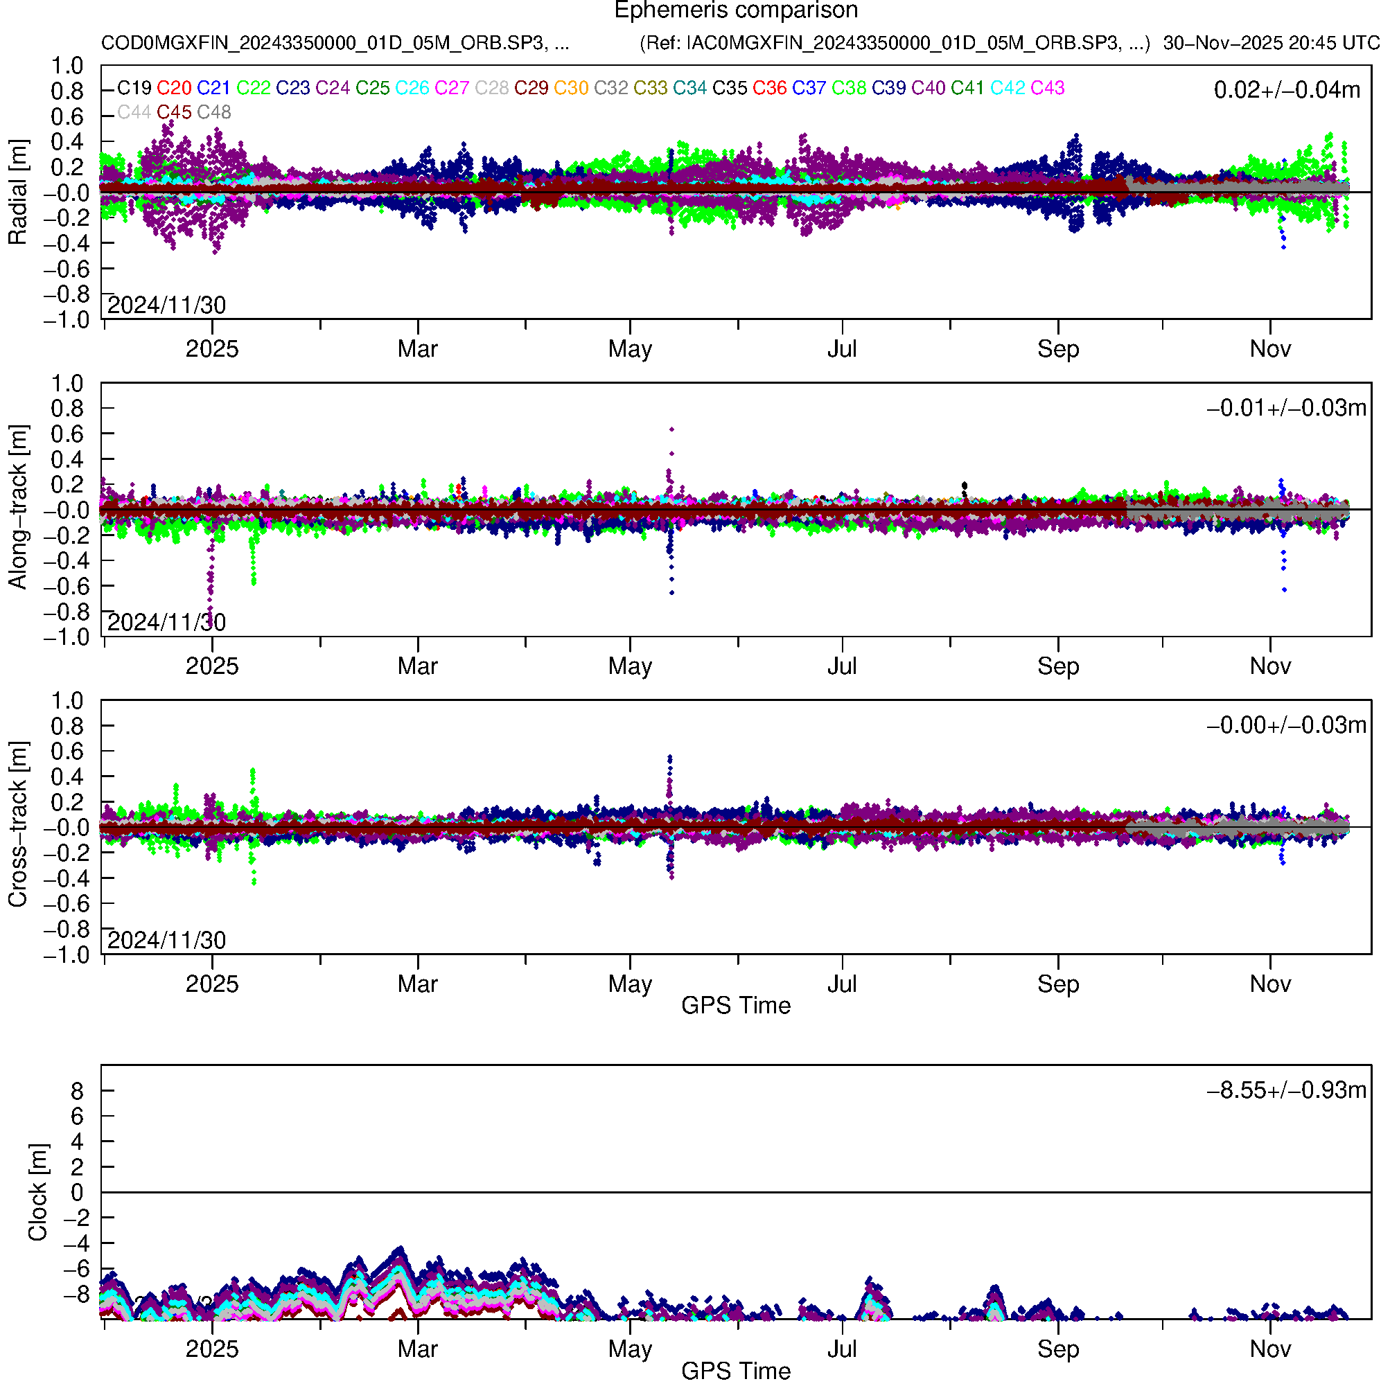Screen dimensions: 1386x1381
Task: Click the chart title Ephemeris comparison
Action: pos(736,11)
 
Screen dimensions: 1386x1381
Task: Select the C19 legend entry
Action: pos(134,88)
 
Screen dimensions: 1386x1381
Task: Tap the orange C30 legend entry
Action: pos(571,88)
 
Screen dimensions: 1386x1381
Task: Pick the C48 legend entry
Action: pos(214,113)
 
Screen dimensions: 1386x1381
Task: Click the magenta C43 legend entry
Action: pos(1047,88)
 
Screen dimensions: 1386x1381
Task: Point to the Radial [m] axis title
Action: pos(17,193)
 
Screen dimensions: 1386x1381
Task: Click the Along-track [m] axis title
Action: pos(17,507)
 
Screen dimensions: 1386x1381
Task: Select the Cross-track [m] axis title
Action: pos(17,825)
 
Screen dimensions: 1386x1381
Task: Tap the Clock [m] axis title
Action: pos(37,1192)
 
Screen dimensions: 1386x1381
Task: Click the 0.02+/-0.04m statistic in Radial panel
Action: pos(1286,90)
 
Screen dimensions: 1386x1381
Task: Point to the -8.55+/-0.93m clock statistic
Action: pos(1286,1090)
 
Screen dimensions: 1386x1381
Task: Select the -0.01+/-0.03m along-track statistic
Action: pos(1286,408)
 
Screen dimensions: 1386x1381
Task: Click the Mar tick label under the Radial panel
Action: pos(418,349)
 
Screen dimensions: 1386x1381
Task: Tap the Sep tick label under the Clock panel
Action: pos(1058,1349)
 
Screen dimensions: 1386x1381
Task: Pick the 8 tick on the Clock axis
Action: pos(77,1091)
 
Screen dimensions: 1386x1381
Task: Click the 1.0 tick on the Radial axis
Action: pos(67,66)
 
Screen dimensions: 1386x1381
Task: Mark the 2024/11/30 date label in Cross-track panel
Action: pos(166,940)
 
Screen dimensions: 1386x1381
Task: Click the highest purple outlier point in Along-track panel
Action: pos(672,429)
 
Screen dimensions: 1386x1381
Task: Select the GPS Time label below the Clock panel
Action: pos(736,1371)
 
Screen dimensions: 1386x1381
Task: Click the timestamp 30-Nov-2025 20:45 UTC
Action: pos(1270,43)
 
